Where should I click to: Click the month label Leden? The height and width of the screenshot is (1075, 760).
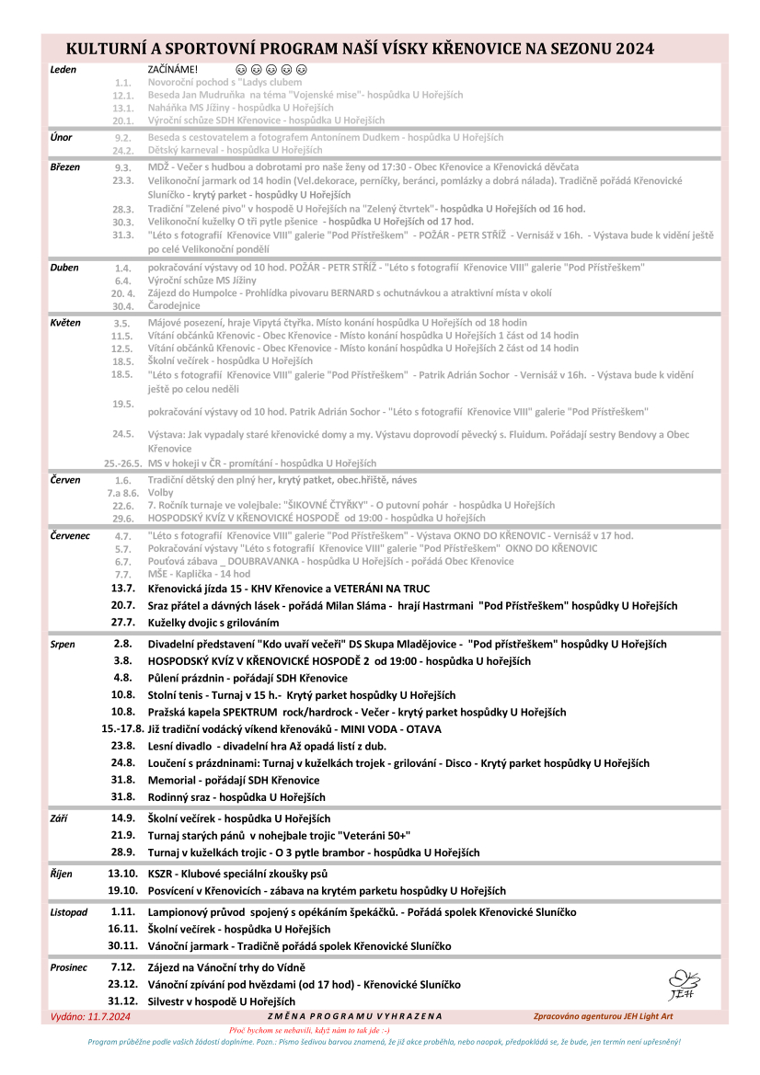63,69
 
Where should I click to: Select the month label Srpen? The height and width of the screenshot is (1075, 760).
63,645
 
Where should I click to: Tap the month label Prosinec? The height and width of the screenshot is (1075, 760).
68,967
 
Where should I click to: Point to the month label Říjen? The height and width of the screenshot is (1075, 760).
61,874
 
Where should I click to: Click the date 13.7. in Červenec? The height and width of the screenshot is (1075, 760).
123,588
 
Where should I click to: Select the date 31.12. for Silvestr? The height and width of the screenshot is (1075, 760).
122,1001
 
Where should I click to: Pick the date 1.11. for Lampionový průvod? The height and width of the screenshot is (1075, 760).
123,911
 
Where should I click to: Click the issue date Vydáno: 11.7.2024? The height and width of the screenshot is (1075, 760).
90,1016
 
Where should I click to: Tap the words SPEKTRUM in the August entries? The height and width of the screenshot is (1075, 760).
248,712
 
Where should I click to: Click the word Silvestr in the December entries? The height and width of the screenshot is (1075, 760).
169,1001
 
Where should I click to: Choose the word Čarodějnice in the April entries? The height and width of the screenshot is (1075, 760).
175,306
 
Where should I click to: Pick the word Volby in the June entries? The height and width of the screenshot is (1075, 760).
160,493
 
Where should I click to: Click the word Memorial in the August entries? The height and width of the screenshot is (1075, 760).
171,780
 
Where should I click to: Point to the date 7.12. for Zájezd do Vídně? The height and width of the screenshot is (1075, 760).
123,967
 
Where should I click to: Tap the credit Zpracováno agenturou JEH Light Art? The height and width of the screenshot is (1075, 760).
603,1016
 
